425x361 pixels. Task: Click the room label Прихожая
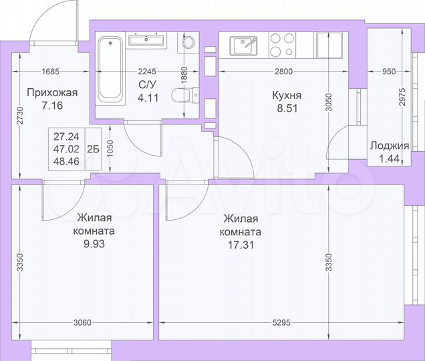(52, 93)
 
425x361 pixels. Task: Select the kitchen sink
(245, 46)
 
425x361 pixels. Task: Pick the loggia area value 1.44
(390, 158)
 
